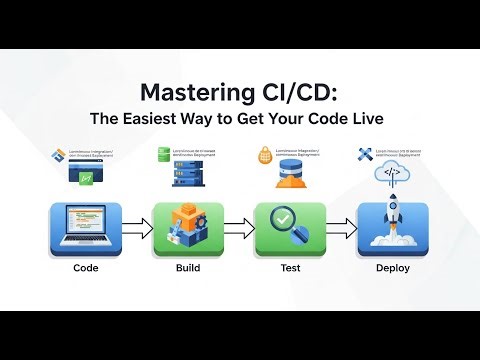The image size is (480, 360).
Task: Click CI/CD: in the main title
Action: [x=297, y=92]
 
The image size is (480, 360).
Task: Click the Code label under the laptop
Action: [x=86, y=269]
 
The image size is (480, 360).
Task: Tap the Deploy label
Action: [x=391, y=269]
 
